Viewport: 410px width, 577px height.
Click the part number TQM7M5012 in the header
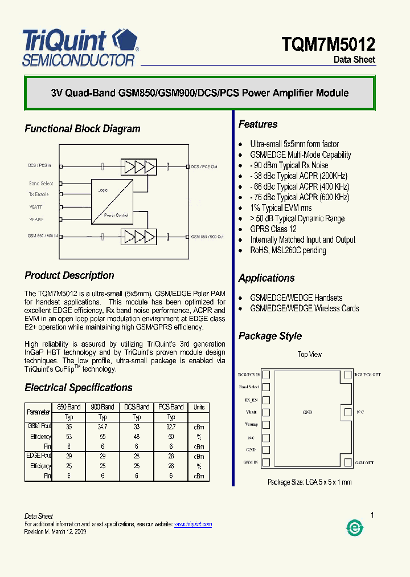coord(329,44)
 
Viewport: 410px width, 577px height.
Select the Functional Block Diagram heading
coord(83,129)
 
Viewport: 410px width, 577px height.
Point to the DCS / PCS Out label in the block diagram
coord(204,166)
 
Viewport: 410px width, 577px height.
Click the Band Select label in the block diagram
coord(41,184)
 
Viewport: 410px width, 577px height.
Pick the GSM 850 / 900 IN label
coord(43,235)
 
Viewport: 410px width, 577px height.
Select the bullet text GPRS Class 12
coord(273,229)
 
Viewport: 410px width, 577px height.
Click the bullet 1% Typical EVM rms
coord(281,208)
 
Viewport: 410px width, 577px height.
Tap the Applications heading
coord(266,278)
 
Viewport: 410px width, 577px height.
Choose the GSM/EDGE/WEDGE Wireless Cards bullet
coord(305,308)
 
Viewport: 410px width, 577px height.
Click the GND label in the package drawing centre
coord(308,412)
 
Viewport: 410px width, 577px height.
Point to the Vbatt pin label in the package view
coord(252,412)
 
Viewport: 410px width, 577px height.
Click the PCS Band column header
coord(171,407)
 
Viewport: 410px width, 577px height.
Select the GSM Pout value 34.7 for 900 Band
coord(102,426)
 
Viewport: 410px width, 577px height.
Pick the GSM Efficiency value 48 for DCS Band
coord(137,437)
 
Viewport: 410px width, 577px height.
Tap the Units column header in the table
coord(199,407)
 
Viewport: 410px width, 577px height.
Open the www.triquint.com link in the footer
coord(192,524)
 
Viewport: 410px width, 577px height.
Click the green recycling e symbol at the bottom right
coord(355,529)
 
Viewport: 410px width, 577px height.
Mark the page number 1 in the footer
coord(372,515)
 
